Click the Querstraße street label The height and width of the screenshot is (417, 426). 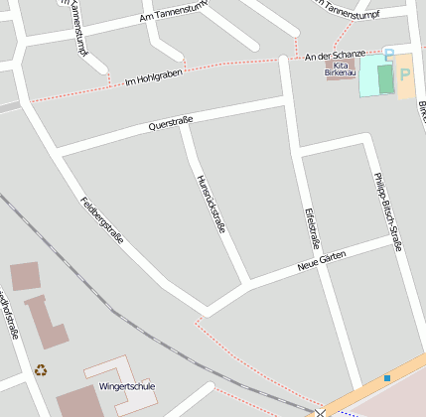[x=170, y=123]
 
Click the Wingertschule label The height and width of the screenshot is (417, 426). [x=126, y=386]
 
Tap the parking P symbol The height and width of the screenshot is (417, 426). [x=404, y=73]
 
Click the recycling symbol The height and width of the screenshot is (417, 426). [x=41, y=370]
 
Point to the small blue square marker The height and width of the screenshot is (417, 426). [x=387, y=378]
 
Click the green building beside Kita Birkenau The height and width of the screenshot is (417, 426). [x=385, y=78]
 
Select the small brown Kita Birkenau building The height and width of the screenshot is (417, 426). [x=339, y=65]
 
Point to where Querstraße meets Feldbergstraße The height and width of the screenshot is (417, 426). [x=58, y=153]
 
